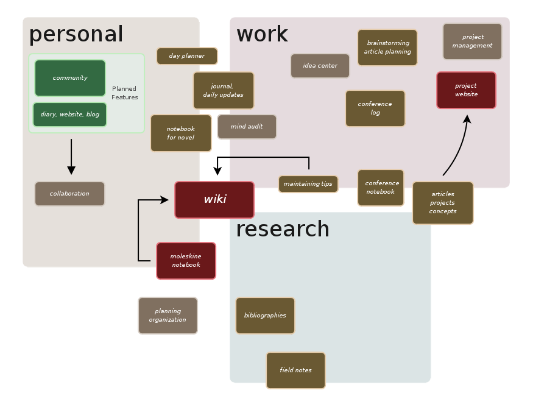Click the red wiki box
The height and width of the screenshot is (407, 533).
pyautogui.click(x=214, y=199)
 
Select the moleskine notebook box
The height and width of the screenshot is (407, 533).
pyautogui.click(x=186, y=261)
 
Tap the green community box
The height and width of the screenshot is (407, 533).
pyautogui.click(x=70, y=78)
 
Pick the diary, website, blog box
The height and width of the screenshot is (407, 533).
pyautogui.click(x=70, y=115)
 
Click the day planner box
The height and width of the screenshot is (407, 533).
pyautogui.click(x=187, y=56)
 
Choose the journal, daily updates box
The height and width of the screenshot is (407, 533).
pyautogui.click(x=224, y=91)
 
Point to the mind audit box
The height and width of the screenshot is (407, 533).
pyautogui.click(x=247, y=127)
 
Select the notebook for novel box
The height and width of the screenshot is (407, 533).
pyautogui.click(x=181, y=133)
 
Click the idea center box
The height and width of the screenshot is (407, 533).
pyautogui.click(x=320, y=66)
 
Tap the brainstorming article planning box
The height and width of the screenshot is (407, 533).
pyautogui.click(x=387, y=48)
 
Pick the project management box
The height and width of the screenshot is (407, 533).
pyautogui.click(x=473, y=41)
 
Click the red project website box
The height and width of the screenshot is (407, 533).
pyautogui.click(x=466, y=90)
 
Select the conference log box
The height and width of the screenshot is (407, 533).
pyautogui.click(x=375, y=108)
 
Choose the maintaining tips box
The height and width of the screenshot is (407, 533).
pyautogui.click(x=308, y=184)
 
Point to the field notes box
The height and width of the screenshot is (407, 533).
pyautogui.click(x=295, y=370)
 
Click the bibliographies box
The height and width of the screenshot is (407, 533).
pyautogui.click(x=265, y=316)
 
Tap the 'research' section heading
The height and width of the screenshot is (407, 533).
pyautogui.click(x=283, y=229)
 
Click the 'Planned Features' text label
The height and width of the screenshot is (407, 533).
pyautogui.click(x=125, y=93)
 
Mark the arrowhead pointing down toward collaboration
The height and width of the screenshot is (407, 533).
pyautogui.click(x=71, y=170)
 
